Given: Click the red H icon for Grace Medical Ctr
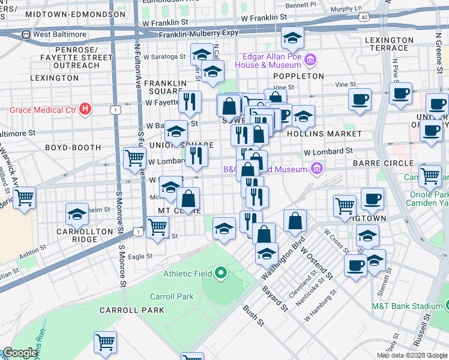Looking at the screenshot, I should [85, 109].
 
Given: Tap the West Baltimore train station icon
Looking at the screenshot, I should [26, 34].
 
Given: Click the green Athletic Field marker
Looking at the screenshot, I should [220, 274].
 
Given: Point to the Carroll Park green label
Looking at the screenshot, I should [172, 296].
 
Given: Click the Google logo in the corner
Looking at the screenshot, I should [20, 353].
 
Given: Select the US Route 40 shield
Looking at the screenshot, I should [364, 17].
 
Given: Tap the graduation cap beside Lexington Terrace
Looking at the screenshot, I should [292, 40].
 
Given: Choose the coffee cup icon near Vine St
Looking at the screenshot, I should [360, 100].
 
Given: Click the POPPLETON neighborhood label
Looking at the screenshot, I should [298, 76].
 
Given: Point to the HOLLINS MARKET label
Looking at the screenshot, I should [324, 133].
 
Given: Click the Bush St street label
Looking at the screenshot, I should [253, 314].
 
